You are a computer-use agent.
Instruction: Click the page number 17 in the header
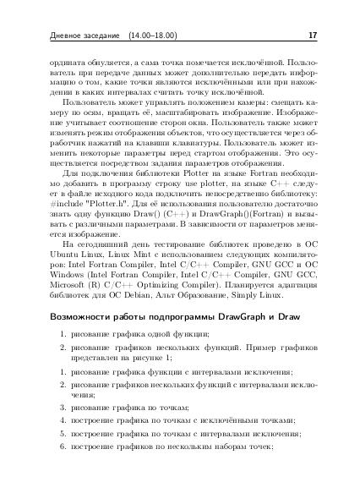click(x=313, y=36)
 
